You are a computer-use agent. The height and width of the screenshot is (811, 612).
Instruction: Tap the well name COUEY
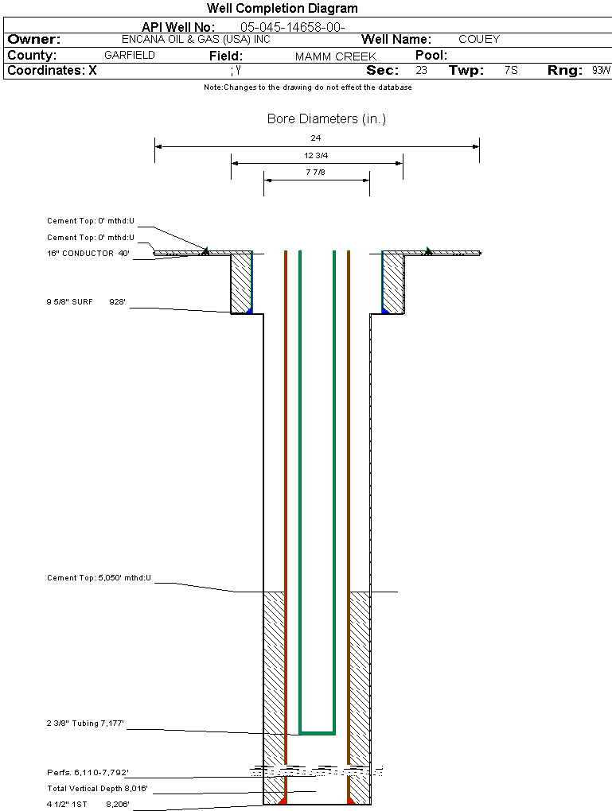click(x=479, y=39)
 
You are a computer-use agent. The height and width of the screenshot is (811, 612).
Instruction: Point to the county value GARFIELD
click(x=130, y=56)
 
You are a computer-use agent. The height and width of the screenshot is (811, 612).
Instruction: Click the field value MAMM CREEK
click(x=336, y=56)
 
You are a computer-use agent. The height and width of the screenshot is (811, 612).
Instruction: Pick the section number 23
click(x=421, y=71)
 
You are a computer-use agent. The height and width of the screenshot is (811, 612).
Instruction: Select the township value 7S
click(x=511, y=71)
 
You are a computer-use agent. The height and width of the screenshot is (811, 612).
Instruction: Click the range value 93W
click(x=601, y=71)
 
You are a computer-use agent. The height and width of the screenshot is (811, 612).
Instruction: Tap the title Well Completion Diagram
click(x=282, y=9)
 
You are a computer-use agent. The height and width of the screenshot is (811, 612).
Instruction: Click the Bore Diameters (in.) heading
click(x=326, y=119)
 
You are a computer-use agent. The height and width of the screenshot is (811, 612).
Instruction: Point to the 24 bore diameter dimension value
click(x=316, y=138)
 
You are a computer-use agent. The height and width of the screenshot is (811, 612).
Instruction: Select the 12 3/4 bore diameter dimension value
click(x=316, y=155)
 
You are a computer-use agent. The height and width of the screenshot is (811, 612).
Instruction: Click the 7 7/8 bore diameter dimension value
click(x=316, y=172)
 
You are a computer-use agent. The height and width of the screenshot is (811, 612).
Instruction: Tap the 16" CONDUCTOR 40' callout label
click(x=88, y=254)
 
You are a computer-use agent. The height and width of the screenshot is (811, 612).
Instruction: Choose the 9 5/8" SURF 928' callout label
click(x=87, y=302)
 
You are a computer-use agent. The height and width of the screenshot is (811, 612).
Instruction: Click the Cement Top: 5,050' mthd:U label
click(x=99, y=578)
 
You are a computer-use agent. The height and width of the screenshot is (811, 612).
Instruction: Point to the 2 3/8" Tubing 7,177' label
click(x=86, y=724)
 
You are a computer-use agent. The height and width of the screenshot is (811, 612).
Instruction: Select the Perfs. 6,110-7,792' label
click(x=88, y=772)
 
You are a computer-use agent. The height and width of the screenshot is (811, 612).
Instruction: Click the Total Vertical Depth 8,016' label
click(x=98, y=789)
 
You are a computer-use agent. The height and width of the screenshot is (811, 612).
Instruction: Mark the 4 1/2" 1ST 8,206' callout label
click(x=88, y=805)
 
